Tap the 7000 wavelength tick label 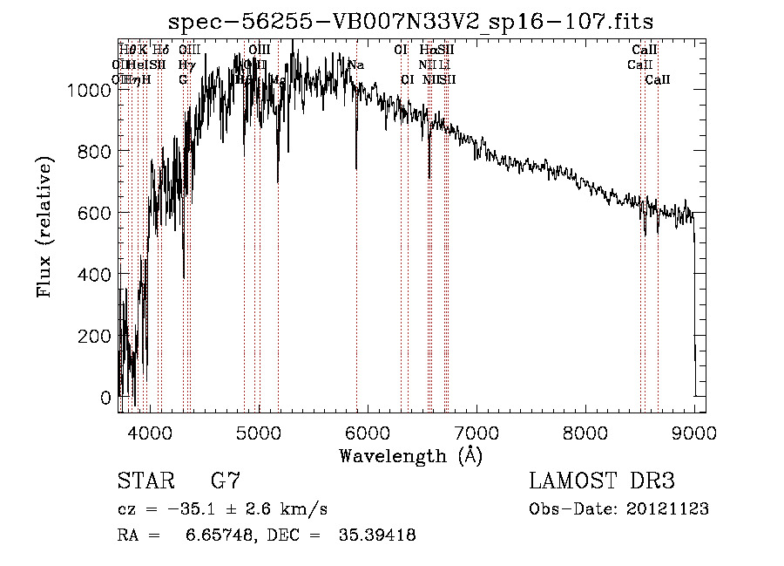tap(476, 432)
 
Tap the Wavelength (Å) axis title tap(410, 455)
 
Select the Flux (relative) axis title tap(44, 226)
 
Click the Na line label tap(355, 65)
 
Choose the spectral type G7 tap(225, 481)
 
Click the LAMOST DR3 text tap(602, 481)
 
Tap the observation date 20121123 tap(671, 509)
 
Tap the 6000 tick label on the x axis tap(368, 432)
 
